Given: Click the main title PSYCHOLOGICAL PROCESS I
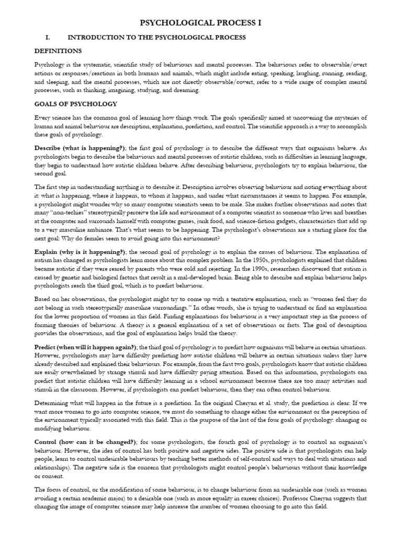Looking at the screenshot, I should pos(201,24).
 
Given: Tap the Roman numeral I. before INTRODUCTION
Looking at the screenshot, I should pos(48,38).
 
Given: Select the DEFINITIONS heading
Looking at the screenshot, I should pos(58,51).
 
